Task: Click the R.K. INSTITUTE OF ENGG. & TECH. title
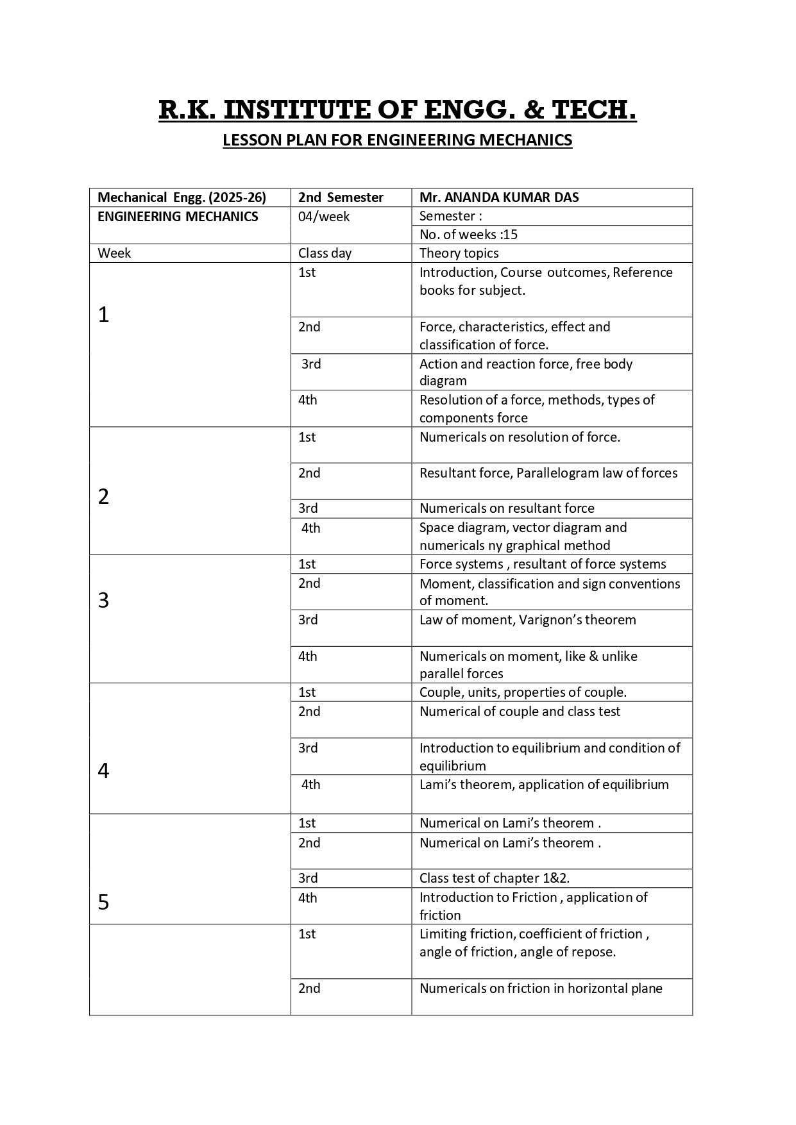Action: (397, 110)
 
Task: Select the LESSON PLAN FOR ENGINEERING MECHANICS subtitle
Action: (397, 140)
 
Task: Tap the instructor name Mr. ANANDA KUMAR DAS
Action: (499, 197)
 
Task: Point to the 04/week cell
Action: (324, 217)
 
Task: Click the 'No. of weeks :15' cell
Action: (468, 235)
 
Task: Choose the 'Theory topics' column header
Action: (459, 253)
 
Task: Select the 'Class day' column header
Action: (325, 253)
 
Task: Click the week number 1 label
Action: (104, 315)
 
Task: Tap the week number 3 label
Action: (104, 601)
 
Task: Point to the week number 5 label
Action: (104, 903)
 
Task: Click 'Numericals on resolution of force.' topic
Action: (520, 437)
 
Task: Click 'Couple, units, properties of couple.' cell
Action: (523, 692)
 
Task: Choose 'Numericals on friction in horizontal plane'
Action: (541, 988)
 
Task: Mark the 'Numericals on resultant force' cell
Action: (507, 508)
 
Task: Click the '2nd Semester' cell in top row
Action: (341, 197)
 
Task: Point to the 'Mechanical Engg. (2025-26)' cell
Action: (182, 197)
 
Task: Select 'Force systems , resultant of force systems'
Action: (543, 564)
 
